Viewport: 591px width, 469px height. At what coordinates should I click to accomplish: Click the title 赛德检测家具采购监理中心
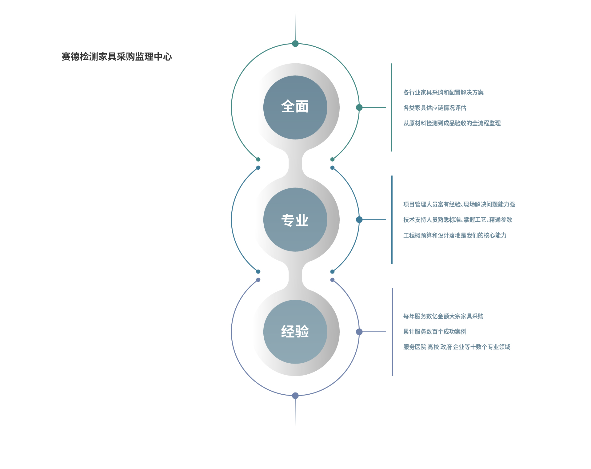click(117, 57)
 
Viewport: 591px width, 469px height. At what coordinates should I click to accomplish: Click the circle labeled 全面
click(295, 107)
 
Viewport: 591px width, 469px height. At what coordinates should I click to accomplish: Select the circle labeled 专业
click(295, 219)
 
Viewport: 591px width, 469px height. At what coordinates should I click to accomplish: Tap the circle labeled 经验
click(295, 332)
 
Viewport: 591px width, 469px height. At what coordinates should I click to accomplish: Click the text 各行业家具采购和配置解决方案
click(443, 93)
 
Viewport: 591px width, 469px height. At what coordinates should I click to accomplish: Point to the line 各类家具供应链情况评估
click(435, 108)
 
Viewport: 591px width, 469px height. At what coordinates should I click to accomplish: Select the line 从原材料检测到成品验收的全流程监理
click(452, 123)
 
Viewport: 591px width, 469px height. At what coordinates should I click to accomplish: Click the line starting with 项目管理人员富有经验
click(459, 204)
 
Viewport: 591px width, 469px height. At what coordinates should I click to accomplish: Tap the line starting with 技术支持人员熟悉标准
click(458, 220)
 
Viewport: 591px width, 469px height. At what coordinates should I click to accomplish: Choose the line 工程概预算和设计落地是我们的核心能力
click(455, 235)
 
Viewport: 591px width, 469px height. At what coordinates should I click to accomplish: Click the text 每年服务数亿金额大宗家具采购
click(443, 316)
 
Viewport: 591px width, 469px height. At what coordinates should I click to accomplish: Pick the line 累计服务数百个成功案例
click(435, 332)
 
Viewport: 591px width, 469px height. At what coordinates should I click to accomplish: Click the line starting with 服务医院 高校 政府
click(457, 347)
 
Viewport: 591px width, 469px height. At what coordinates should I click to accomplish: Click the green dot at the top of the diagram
click(295, 44)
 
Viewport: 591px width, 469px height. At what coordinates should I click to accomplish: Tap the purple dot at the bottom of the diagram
click(295, 396)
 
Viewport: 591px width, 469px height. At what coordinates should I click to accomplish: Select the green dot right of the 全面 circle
click(359, 107)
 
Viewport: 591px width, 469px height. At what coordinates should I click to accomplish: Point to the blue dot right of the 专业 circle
click(359, 219)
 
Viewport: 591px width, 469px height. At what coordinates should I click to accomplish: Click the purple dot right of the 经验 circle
click(359, 332)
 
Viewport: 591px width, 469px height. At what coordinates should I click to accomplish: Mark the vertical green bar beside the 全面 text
click(391, 107)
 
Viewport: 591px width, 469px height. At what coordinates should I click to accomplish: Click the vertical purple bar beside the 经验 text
click(392, 332)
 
